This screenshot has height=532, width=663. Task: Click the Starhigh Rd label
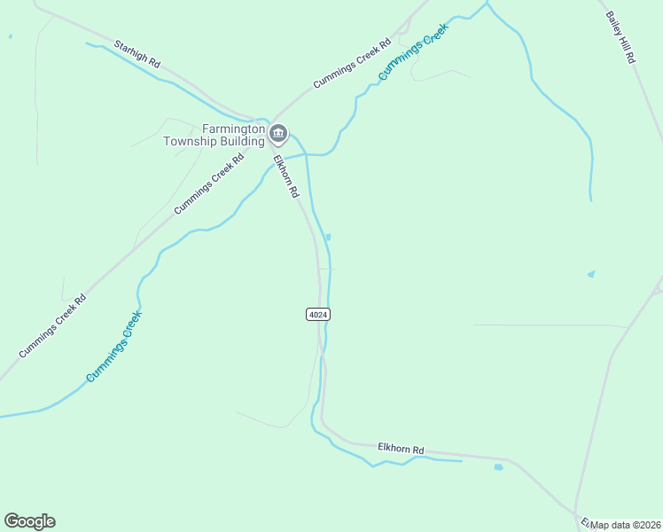136,53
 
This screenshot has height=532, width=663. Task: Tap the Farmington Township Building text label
214,135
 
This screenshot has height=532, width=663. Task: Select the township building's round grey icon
278,135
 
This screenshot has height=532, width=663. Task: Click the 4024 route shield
318,315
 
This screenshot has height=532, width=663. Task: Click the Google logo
29,521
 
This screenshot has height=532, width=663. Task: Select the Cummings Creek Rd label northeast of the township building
351,64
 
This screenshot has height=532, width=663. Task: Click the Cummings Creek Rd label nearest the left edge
52,325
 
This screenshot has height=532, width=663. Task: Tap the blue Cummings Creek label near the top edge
414,51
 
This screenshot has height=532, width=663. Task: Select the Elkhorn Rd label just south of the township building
285,176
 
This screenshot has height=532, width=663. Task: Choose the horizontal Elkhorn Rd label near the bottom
401,450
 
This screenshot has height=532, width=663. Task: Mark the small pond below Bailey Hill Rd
591,274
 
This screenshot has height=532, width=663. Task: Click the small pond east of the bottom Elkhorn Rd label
498,466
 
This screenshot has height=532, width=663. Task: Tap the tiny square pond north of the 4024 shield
328,237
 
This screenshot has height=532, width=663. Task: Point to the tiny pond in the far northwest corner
10,36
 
